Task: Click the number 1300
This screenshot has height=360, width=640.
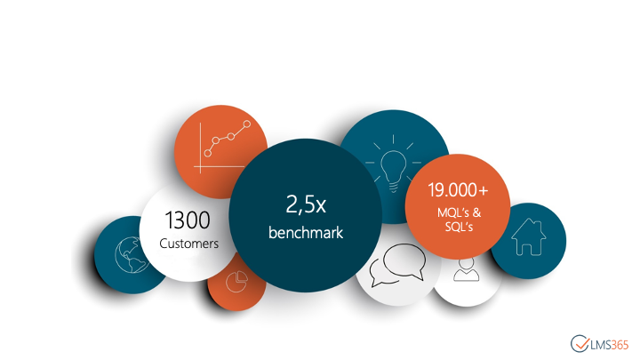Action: click(188, 220)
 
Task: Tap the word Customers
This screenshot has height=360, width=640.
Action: click(189, 244)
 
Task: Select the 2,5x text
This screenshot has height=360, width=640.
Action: click(306, 204)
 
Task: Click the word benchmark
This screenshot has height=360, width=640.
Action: click(306, 233)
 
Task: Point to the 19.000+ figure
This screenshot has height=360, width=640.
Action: click(458, 190)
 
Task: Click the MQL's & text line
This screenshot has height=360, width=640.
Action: click(460, 212)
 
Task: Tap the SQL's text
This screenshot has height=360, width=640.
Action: click(459, 227)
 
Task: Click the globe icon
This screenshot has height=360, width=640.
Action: click(132, 255)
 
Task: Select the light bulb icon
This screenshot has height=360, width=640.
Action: click(394, 164)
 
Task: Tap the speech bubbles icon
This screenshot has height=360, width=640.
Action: click(397, 265)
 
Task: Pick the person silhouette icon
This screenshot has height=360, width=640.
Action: click(466, 269)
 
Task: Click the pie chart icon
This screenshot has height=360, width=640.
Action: click(236, 281)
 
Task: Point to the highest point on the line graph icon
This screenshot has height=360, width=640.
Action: click(247, 124)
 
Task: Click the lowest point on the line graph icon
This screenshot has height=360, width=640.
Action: click(208, 153)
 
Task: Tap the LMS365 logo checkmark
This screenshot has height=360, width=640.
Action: click(580, 344)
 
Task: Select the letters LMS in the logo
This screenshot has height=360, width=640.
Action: click(601, 345)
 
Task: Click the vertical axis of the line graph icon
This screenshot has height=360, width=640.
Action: click(200, 148)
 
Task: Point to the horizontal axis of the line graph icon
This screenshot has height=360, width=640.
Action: click(220, 167)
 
